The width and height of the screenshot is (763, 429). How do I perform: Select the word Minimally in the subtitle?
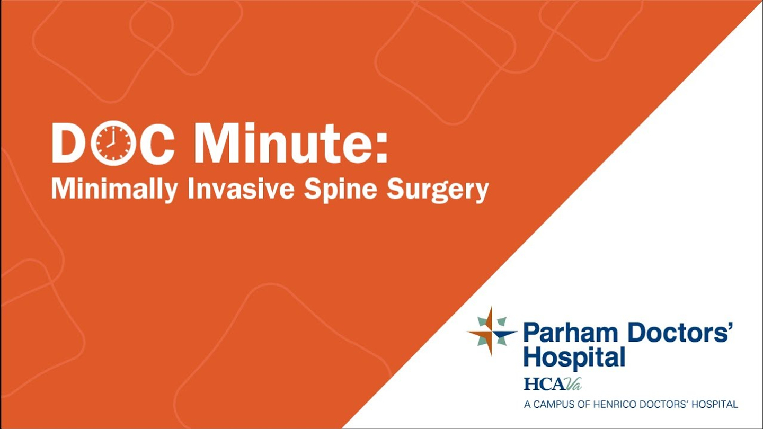[113, 190]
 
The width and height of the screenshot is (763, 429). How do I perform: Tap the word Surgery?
[437, 190]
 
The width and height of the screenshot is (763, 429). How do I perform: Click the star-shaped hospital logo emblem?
[492, 332]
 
